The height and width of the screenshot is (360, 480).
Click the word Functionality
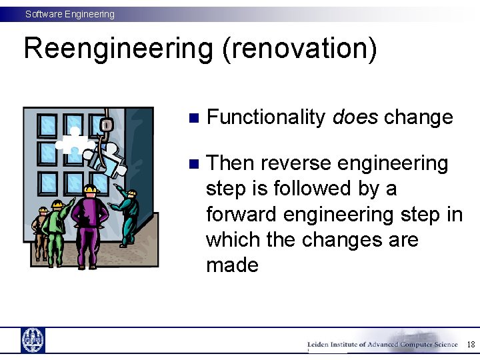click(x=266, y=117)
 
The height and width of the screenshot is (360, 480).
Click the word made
click(x=232, y=265)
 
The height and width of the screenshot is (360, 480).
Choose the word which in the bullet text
click(x=233, y=239)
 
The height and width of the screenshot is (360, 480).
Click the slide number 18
click(x=470, y=345)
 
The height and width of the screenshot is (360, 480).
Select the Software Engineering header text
click(x=70, y=14)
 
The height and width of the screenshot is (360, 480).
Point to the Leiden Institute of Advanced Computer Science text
click(x=382, y=345)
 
